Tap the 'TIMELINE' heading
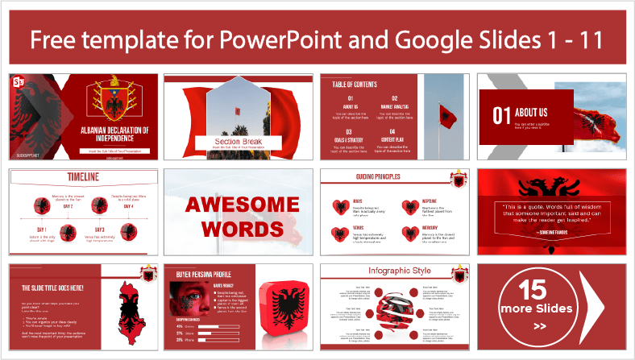tap(50, 177)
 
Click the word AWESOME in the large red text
tap(237, 206)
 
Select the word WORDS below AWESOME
tap(237, 230)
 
